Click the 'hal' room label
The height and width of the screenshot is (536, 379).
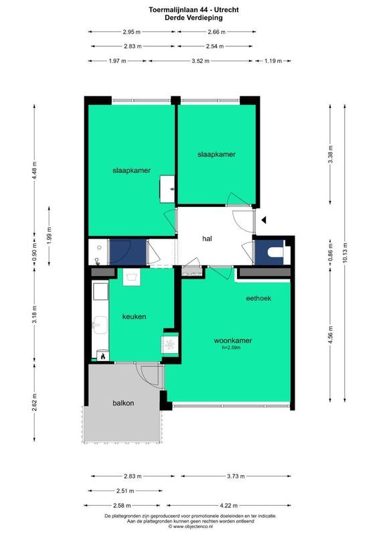[208, 239]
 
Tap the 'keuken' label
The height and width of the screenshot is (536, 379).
[134, 316]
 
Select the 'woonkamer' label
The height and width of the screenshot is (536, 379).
[233, 340]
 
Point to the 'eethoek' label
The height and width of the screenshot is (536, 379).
[258, 299]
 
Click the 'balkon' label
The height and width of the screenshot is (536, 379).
[123, 403]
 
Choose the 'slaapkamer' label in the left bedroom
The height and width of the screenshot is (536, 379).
[131, 171]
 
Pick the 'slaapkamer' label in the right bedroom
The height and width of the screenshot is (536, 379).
[216, 154]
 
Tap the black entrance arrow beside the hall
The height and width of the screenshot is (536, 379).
[265, 219]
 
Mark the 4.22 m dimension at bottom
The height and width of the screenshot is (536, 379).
[229, 507]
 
